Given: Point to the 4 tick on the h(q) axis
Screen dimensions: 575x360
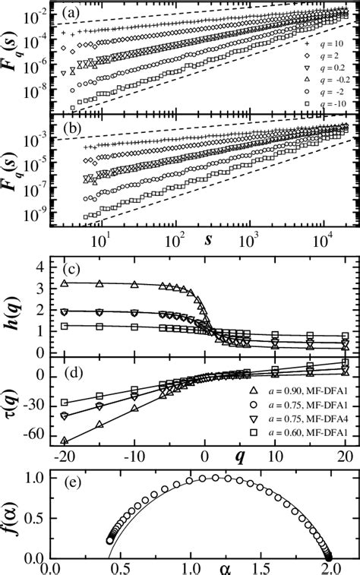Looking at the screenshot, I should point(46,264).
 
